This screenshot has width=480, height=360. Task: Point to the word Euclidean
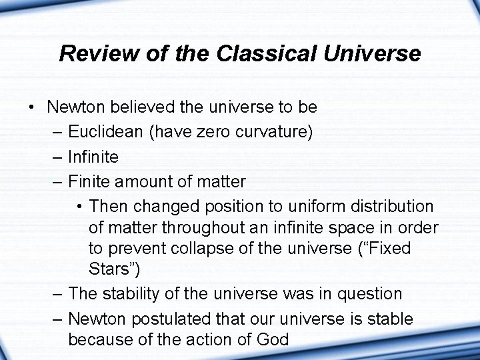pos(105,132)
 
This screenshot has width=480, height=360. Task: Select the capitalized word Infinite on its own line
pos(93,157)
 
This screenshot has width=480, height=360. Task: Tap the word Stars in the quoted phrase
pos(111,270)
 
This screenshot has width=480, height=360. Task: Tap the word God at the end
pos(273,340)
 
